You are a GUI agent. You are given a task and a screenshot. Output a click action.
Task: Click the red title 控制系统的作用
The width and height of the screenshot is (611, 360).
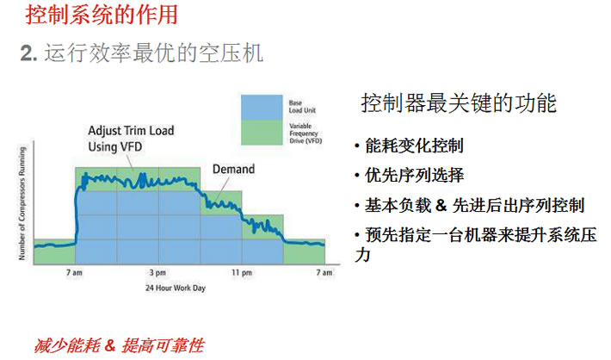tap(102, 15)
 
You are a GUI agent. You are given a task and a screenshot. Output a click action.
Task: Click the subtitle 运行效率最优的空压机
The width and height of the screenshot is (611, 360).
tap(153, 53)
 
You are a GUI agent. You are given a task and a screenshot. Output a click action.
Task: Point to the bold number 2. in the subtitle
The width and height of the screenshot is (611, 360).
tap(29, 53)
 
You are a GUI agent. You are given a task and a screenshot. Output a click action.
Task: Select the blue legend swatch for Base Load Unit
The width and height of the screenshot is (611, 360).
tap(262, 107)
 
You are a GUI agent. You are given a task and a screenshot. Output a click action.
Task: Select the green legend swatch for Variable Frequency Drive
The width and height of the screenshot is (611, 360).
tap(262, 133)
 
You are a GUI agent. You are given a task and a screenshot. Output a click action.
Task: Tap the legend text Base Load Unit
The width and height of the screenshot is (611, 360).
tap(302, 107)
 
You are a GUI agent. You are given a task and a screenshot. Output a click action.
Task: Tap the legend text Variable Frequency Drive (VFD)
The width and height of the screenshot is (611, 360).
tap(305, 133)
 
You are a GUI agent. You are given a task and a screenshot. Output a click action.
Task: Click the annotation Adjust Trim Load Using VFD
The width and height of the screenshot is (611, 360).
tap(131, 139)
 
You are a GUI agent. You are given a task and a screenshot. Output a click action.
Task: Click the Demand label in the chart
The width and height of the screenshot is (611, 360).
tap(233, 169)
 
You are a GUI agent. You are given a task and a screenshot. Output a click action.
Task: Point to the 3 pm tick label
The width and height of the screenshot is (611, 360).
tap(157, 273)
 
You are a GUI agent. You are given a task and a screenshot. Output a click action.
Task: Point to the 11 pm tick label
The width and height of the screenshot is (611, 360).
tap(242, 273)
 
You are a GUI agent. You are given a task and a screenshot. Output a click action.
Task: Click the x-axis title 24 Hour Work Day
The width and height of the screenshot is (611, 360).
tap(176, 288)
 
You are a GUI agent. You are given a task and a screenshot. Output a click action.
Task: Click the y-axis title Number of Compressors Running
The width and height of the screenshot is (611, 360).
tap(22, 203)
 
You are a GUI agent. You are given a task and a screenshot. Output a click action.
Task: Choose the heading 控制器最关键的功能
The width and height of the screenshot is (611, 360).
tap(459, 103)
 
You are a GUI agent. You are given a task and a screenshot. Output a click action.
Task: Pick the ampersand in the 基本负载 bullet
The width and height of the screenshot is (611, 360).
tap(441, 205)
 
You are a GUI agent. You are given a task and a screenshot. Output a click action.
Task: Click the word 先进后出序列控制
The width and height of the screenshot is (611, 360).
tap(518, 205)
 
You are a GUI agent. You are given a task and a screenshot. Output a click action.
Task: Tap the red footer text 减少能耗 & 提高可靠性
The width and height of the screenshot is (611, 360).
tap(119, 345)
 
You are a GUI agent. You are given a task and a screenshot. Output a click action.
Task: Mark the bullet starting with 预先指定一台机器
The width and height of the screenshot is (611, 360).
tap(475, 245)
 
